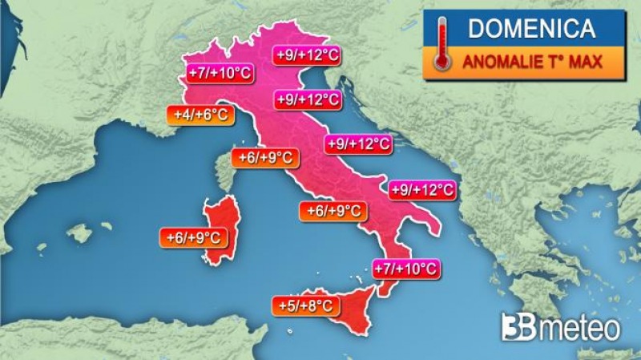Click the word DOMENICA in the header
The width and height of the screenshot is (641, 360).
coord(531,29)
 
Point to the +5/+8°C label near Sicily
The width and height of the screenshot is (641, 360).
coord(306,305)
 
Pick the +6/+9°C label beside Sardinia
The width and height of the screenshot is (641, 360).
coord(192,237)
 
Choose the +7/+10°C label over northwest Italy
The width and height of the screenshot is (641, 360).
coord(219,74)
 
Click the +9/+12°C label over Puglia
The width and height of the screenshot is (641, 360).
coord(422,190)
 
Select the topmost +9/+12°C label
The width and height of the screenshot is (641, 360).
coord(308,55)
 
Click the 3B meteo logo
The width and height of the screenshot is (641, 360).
coord(560,327)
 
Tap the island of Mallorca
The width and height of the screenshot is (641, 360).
coord(79,233)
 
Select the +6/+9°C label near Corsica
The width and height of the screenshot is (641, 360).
coord(264,158)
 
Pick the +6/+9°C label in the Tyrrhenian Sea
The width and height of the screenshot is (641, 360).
coord(333,211)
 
